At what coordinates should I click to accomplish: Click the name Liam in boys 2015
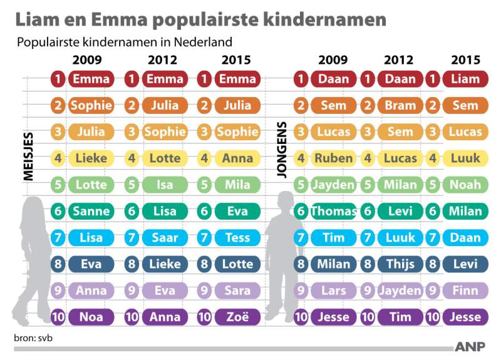pyautogui.click(x=465, y=80)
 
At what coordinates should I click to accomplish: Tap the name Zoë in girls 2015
pyautogui.click(x=237, y=317)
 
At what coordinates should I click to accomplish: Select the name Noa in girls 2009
pyautogui.click(x=91, y=317)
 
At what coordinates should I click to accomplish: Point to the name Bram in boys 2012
pyautogui.click(x=400, y=106)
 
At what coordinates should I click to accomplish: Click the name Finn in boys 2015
pyautogui.click(x=465, y=291)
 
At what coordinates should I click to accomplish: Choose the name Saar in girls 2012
pyautogui.click(x=165, y=238)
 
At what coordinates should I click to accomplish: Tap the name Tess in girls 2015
pyautogui.click(x=237, y=238)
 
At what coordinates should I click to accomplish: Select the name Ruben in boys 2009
pyautogui.click(x=333, y=158)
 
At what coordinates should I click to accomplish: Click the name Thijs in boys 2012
pyautogui.click(x=400, y=264)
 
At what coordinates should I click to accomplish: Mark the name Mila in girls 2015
pyautogui.click(x=237, y=185)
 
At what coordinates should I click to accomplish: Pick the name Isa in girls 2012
pyautogui.click(x=165, y=185)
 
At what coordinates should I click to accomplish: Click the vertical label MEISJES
pyautogui.click(x=28, y=157)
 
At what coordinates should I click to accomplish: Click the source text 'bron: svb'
pyautogui.click(x=32, y=339)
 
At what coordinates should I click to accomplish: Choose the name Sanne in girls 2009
pyautogui.click(x=91, y=212)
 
